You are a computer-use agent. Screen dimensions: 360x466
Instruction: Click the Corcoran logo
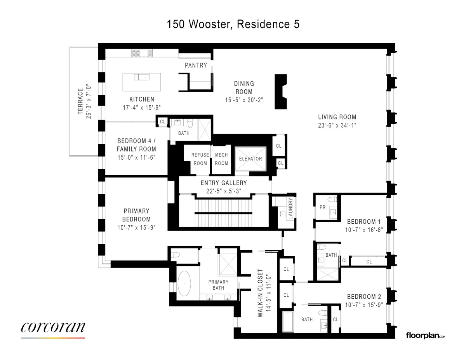coord(53,327)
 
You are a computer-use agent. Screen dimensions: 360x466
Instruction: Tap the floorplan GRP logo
coord(425,335)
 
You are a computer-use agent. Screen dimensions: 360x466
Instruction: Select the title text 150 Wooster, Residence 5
coord(233,24)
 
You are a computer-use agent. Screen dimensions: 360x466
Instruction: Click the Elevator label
coord(250,159)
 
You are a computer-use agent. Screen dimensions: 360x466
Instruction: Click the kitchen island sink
coord(142,77)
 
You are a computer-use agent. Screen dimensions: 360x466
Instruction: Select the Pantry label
coord(196,65)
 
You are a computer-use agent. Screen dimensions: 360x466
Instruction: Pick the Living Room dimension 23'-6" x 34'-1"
coord(337,125)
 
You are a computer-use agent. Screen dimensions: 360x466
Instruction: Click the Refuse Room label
coord(200,159)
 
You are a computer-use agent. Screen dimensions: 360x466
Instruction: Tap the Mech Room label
coord(221,159)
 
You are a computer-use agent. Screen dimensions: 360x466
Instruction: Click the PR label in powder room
coord(322,207)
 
